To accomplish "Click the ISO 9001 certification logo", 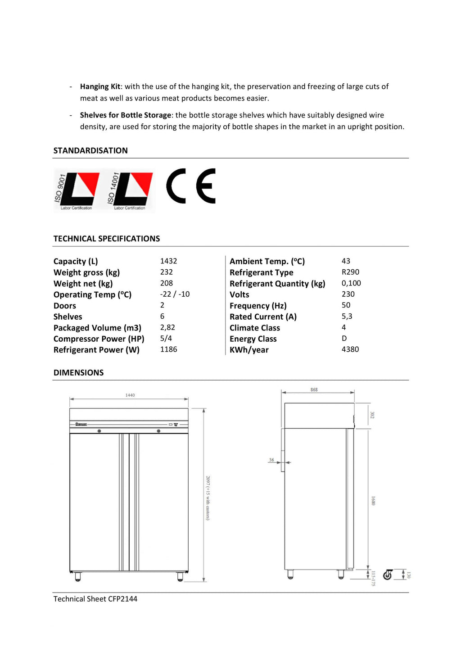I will (77, 191).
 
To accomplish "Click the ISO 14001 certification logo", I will (131, 191).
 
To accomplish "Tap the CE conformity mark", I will (191, 186).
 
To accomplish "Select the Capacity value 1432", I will (168, 261).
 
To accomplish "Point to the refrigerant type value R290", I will (350, 272).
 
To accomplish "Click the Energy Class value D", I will (344, 339).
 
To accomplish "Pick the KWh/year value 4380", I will (350, 349).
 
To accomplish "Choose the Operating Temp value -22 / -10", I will (175, 294).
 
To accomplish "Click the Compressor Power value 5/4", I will (166, 338).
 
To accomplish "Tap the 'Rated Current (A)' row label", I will (263, 317).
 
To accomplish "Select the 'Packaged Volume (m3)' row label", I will (97, 328).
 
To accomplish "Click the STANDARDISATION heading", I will (90, 150).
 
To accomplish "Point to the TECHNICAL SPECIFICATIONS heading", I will (107, 239).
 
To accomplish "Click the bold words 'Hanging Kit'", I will (100, 86).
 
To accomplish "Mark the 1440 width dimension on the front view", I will (130, 395).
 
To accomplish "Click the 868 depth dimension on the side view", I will (314, 389).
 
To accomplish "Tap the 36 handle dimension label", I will (271, 460).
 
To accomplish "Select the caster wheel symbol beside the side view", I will (388, 575).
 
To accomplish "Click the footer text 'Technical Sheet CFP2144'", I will (95, 599).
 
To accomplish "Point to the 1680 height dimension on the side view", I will (373, 501).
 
